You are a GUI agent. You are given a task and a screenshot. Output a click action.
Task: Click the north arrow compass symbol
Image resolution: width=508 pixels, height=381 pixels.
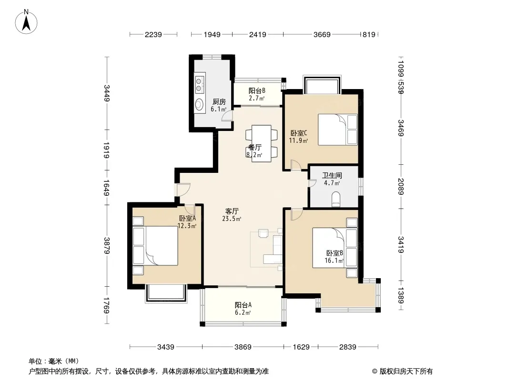(26, 22)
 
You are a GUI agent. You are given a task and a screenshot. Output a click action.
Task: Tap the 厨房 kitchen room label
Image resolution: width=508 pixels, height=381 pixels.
(219, 101)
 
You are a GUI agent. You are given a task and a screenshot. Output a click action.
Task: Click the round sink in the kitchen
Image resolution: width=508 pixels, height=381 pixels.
(199, 104)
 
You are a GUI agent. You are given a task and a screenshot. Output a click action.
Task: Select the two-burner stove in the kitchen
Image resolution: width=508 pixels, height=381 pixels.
(199, 84)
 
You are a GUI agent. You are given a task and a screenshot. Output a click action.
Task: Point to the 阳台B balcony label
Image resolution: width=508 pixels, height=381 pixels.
(257, 90)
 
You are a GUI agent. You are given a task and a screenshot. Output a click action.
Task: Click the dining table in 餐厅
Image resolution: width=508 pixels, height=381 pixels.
(262, 143)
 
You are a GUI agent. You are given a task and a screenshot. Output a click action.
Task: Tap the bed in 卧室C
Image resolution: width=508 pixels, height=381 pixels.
(337, 130)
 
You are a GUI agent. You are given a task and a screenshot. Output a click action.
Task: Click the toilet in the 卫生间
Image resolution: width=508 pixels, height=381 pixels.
(336, 200)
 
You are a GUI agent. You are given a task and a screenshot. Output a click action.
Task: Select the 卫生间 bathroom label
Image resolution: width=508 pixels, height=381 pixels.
(332, 175)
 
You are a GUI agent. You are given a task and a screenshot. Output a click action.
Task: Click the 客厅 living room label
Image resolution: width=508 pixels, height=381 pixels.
(232, 211)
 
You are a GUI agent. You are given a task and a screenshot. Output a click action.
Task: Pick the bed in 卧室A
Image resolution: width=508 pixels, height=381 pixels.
(155, 246)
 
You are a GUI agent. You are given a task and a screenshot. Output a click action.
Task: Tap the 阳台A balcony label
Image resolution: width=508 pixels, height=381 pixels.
(243, 305)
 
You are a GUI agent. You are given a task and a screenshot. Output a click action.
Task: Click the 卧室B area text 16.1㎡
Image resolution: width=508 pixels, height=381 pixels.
(334, 261)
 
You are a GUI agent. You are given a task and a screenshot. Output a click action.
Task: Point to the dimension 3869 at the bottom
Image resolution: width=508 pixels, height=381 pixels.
(243, 347)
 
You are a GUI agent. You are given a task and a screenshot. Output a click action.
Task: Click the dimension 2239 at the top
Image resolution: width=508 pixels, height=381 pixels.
(153, 34)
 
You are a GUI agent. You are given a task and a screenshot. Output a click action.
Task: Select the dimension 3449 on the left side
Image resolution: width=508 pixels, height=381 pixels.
(107, 93)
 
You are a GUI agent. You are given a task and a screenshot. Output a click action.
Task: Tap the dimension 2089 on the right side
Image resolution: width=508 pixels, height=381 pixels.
(401, 187)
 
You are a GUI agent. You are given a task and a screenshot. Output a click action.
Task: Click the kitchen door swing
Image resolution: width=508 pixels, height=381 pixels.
(227, 116)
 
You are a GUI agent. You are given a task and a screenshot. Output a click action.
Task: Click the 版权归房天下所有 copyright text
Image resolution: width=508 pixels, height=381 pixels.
(402, 371)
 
